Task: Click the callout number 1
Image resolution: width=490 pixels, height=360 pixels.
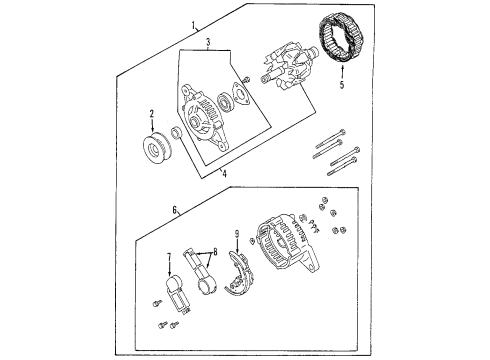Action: click(193, 23)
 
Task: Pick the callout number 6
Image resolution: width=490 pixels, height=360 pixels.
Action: click(174, 210)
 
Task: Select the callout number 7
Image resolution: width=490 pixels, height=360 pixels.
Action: click(169, 256)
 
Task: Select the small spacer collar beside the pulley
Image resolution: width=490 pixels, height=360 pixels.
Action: click(175, 133)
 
